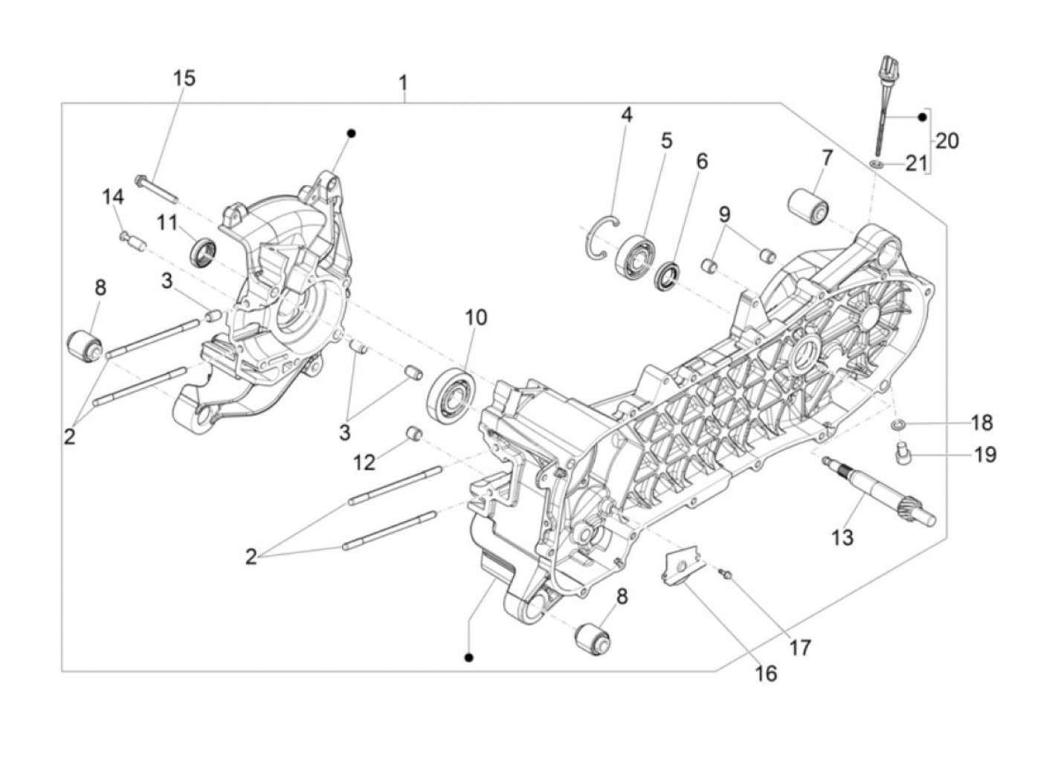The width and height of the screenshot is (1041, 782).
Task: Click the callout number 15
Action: tap(184, 77)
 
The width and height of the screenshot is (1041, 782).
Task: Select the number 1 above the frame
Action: tap(403, 81)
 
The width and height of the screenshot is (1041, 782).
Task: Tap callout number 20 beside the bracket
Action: tap(947, 140)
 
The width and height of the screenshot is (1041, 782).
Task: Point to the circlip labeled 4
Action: tap(603, 238)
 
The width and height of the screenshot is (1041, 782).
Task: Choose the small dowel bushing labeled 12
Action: tap(411, 433)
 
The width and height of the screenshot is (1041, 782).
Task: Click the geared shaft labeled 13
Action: tap(877, 491)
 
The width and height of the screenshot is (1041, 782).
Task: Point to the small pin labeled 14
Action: tap(129, 240)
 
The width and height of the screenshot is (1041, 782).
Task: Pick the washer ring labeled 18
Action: tap(897, 424)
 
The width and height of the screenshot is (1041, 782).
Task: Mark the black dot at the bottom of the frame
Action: tap(468, 657)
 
